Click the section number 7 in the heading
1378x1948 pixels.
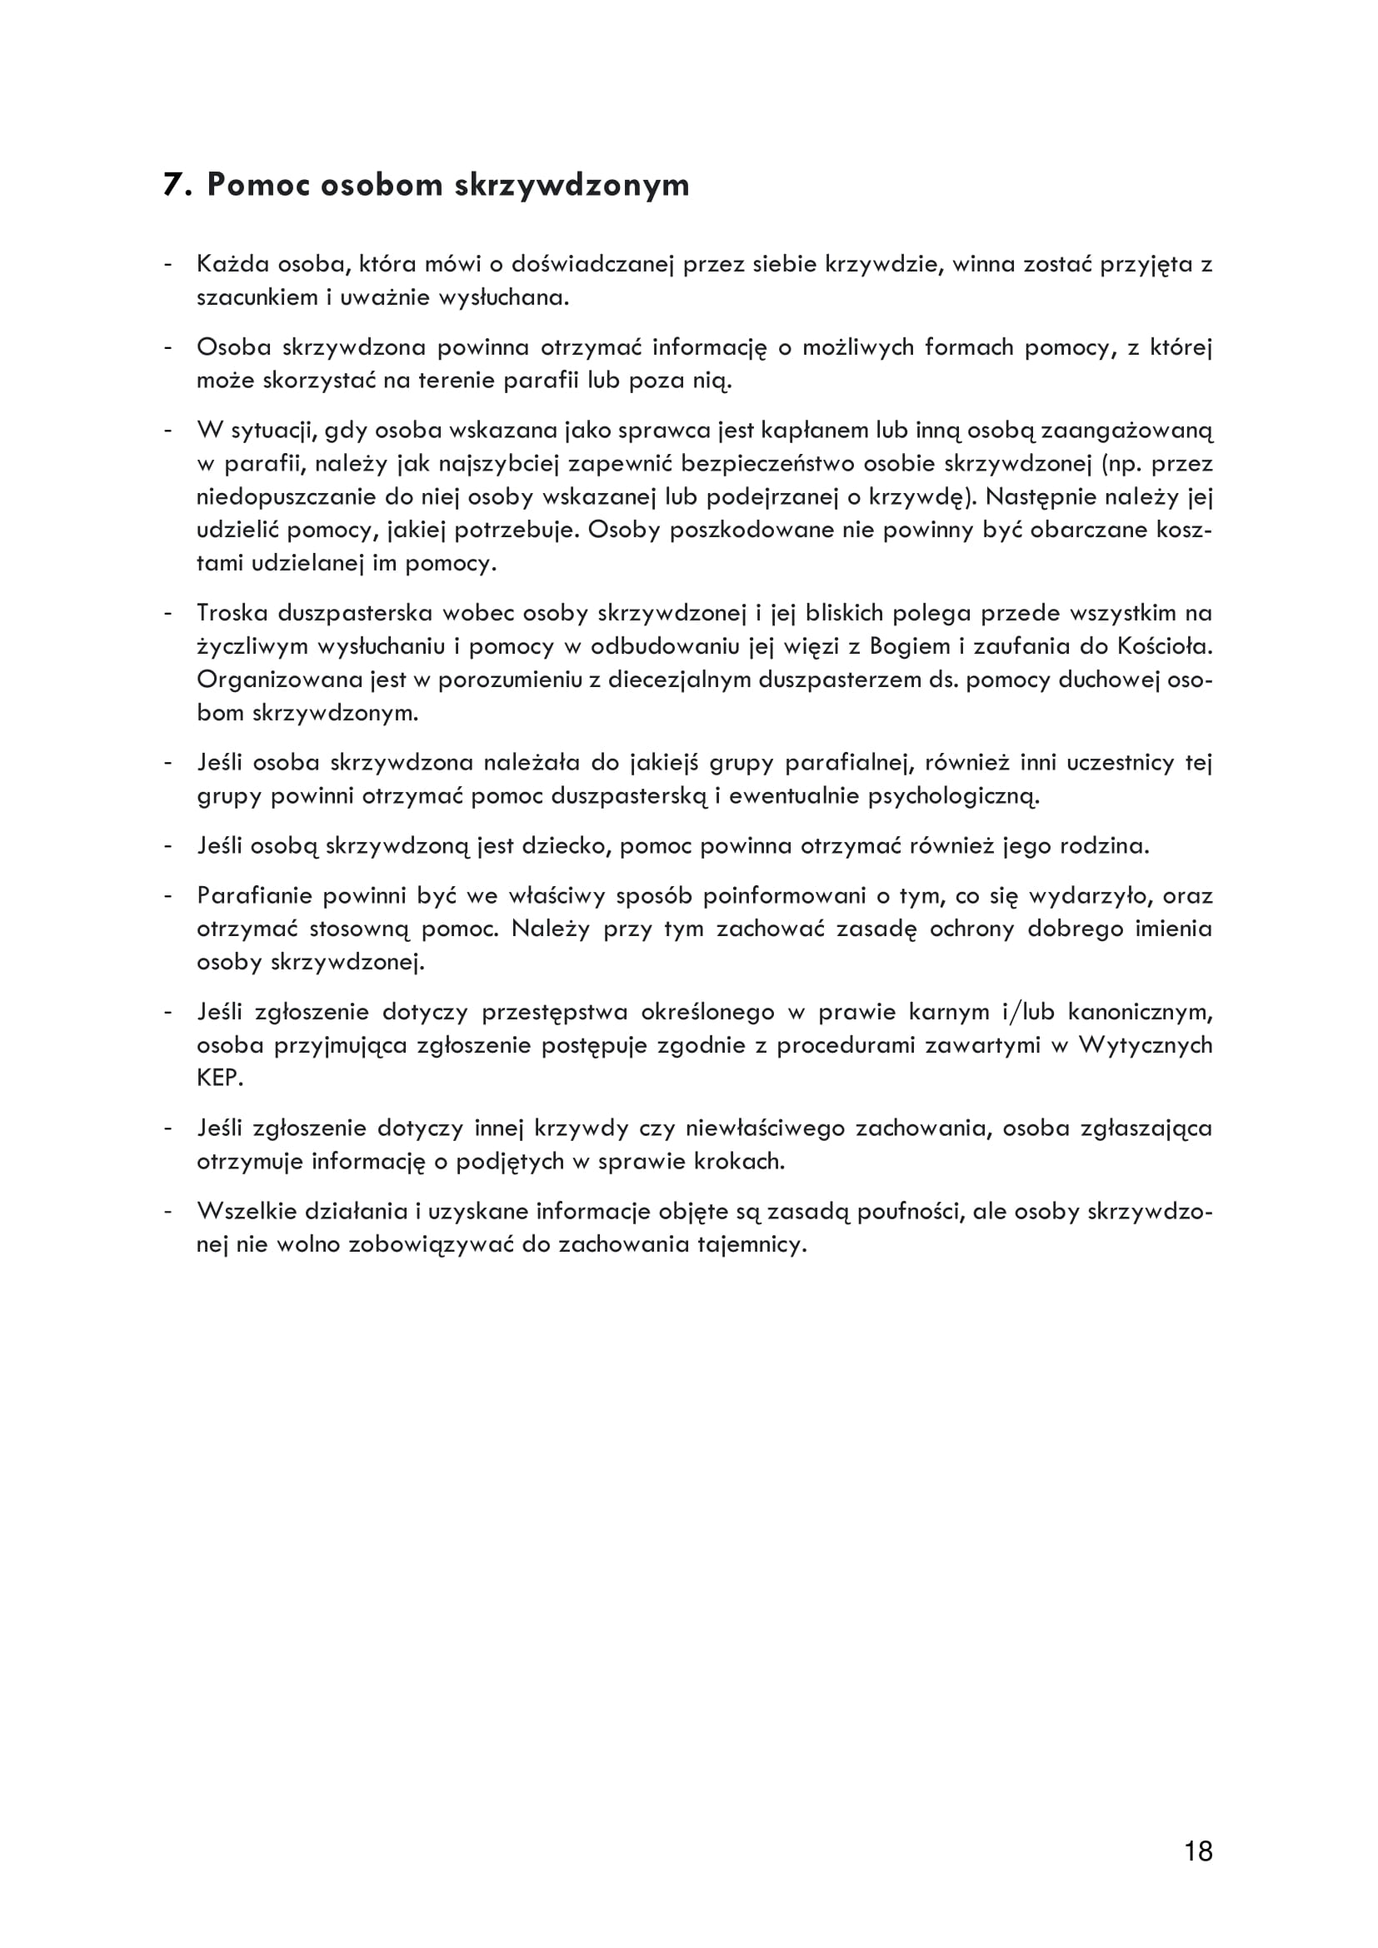coord(172,184)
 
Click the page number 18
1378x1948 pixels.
coord(1197,1851)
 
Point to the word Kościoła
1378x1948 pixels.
coord(1164,646)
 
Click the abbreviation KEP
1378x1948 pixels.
coord(220,1079)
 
